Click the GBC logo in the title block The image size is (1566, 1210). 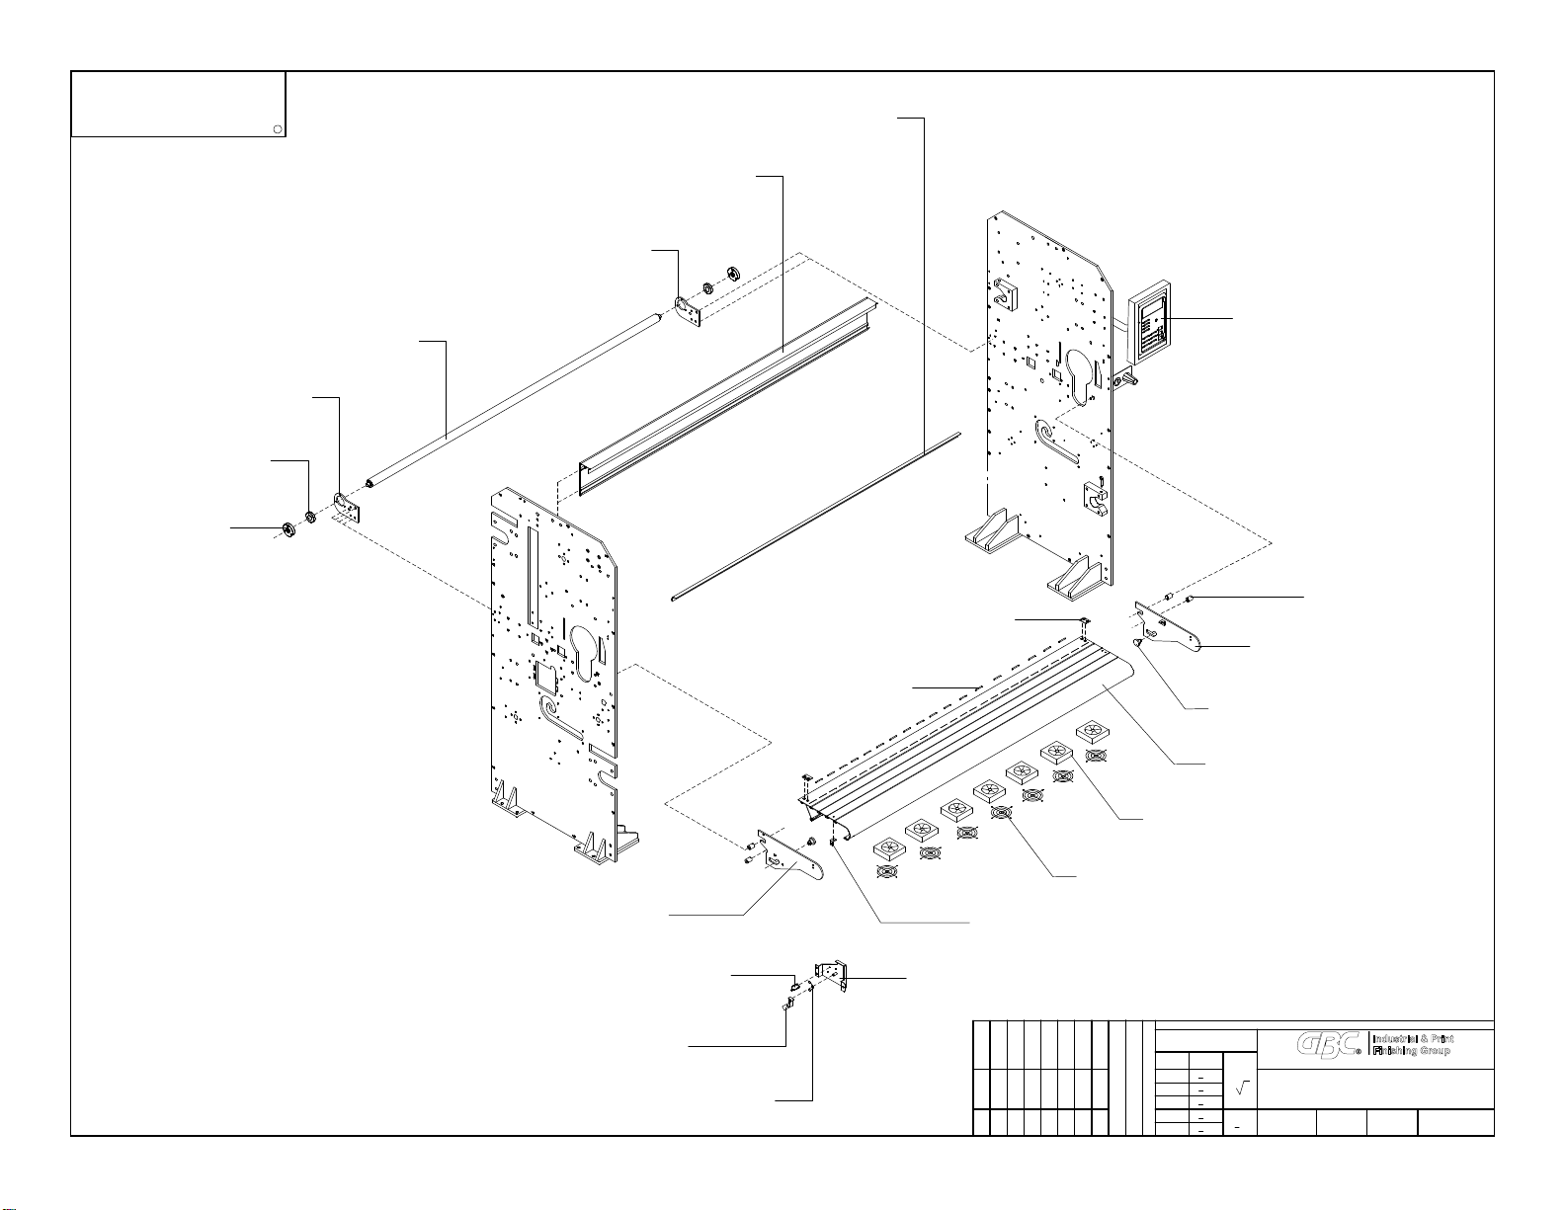[x=1330, y=1045]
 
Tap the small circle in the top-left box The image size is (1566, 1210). [x=279, y=128]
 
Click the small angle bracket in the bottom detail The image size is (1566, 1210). [x=832, y=975]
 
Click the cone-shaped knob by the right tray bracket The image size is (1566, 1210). [x=1139, y=643]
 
